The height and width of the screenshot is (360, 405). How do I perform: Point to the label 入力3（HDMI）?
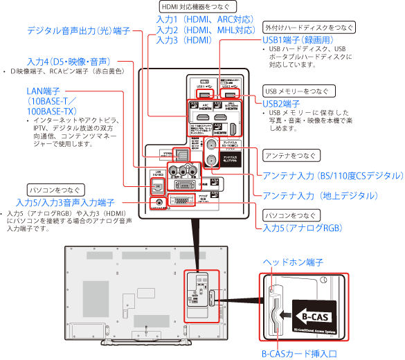click(x=184, y=41)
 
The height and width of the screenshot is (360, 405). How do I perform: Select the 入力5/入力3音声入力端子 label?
click(x=64, y=202)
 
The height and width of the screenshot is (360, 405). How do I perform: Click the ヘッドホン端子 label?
click(x=294, y=262)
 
